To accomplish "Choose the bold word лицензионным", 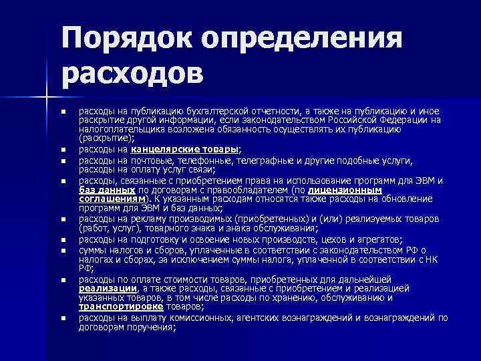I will (x=343, y=189).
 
